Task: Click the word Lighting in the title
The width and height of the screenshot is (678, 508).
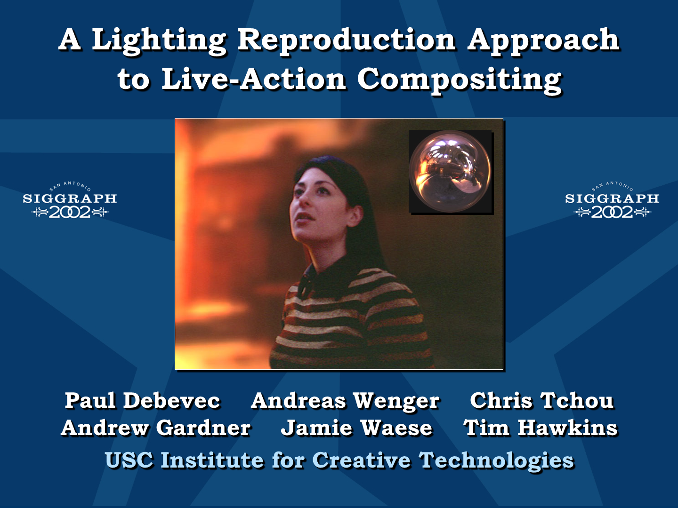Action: click(159, 42)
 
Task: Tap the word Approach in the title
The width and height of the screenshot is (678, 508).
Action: click(543, 42)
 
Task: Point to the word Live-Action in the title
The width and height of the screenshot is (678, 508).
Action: click(253, 79)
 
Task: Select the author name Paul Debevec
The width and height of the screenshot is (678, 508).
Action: click(142, 400)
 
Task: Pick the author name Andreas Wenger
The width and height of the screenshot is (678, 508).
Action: click(345, 401)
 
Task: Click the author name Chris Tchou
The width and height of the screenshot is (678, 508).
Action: click(542, 400)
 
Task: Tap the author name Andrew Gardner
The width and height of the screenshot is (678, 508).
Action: click(156, 428)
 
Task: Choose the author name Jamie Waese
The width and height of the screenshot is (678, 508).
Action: click(357, 428)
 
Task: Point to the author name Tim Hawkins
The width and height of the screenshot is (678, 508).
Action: click(541, 428)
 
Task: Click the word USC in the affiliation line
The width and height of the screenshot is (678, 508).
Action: click(129, 460)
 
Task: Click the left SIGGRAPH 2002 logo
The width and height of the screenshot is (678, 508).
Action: click(70, 201)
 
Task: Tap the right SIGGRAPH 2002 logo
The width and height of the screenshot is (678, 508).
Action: click(612, 201)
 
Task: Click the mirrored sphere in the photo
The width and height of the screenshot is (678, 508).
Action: click(450, 171)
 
